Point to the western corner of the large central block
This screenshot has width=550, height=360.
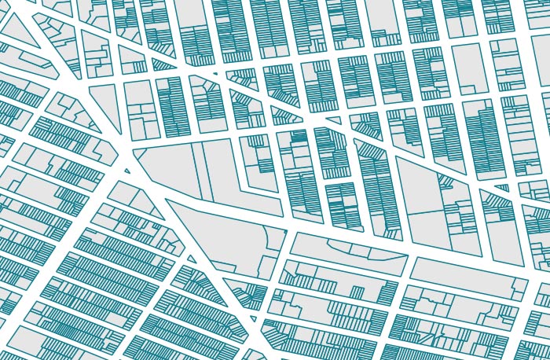[x=134, y=149]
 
